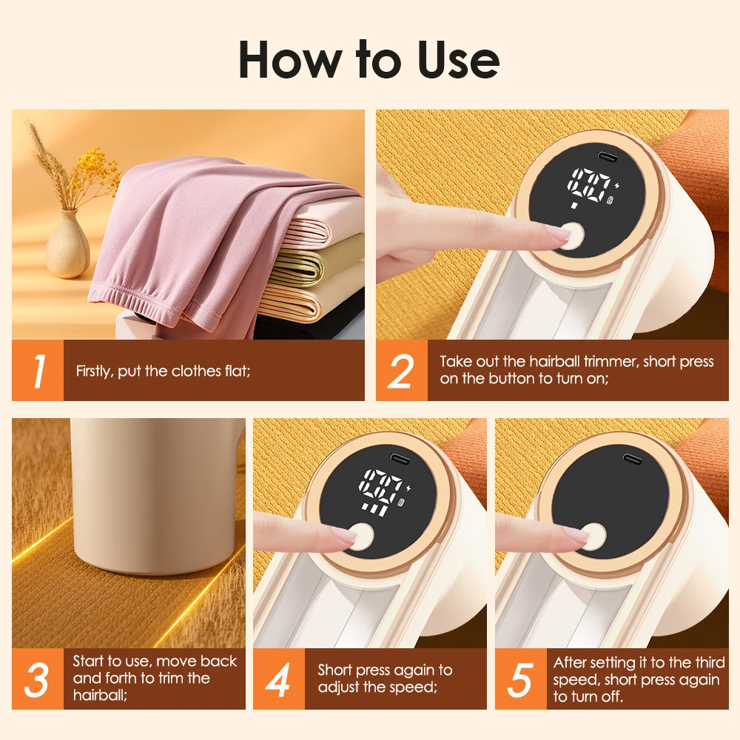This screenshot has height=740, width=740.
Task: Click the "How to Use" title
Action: pyautogui.click(x=369, y=61)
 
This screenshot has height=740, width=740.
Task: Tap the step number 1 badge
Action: pyautogui.click(x=37, y=371)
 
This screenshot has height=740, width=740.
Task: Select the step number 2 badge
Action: pyautogui.click(x=400, y=371)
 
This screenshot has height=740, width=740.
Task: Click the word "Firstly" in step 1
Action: pyautogui.click(x=94, y=371)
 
